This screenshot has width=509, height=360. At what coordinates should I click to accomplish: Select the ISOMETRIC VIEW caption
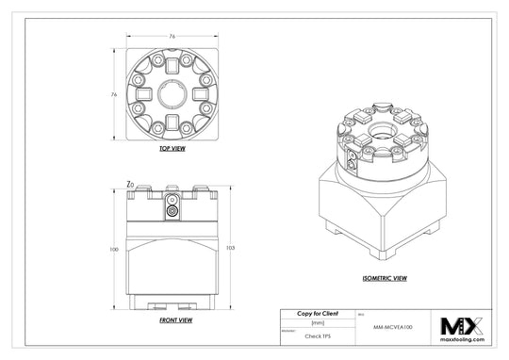[x=384, y=279]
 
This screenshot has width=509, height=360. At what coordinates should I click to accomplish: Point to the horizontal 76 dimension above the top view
[x=171, y=38]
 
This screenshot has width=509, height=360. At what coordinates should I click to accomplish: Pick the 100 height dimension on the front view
[x=113, y=249]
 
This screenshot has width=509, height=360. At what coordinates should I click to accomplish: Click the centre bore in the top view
[x=171, y=94]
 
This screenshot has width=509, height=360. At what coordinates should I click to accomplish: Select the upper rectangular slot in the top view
[x=171, y=67]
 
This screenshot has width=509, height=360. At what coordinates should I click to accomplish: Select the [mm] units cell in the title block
[x=304, y=323]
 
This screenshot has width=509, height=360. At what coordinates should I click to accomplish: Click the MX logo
[x=463, y=326]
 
